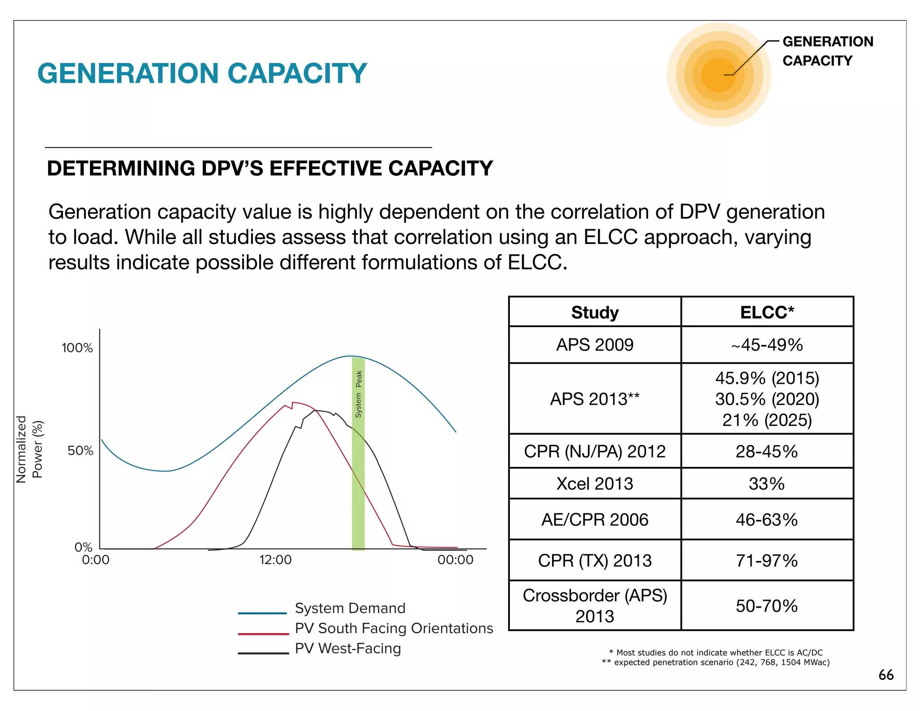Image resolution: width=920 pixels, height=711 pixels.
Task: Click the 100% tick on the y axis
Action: [x=77, y=348]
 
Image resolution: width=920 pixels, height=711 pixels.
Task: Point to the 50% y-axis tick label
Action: [x=80, y=451]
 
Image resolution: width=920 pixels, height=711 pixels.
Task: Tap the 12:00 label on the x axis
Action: [x=275, y=560]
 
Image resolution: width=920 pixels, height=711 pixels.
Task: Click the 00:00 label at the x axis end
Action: [x=455, y=560]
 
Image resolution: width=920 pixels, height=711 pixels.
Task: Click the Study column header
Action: [x=595, y=312]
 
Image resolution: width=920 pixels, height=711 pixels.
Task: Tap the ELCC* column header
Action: [x=767, y=312]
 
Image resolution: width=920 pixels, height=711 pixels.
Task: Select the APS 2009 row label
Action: [x=595, y=345]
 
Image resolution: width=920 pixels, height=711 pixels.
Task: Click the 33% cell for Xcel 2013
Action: [x=767, y=484]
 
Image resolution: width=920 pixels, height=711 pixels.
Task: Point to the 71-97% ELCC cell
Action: [x=767, y=561]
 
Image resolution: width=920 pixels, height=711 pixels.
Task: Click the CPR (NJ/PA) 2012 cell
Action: [x=595, y=451]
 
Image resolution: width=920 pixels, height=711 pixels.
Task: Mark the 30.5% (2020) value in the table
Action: [x=767, y=399]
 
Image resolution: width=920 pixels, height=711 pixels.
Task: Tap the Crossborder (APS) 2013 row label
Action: [x=595, y=606]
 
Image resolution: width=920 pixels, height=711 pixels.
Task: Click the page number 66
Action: [x=886, y=675]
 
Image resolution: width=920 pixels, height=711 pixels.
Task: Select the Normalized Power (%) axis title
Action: [x=29, y=449]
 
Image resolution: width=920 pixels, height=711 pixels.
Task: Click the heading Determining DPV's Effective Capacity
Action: [x=270, y=169]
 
